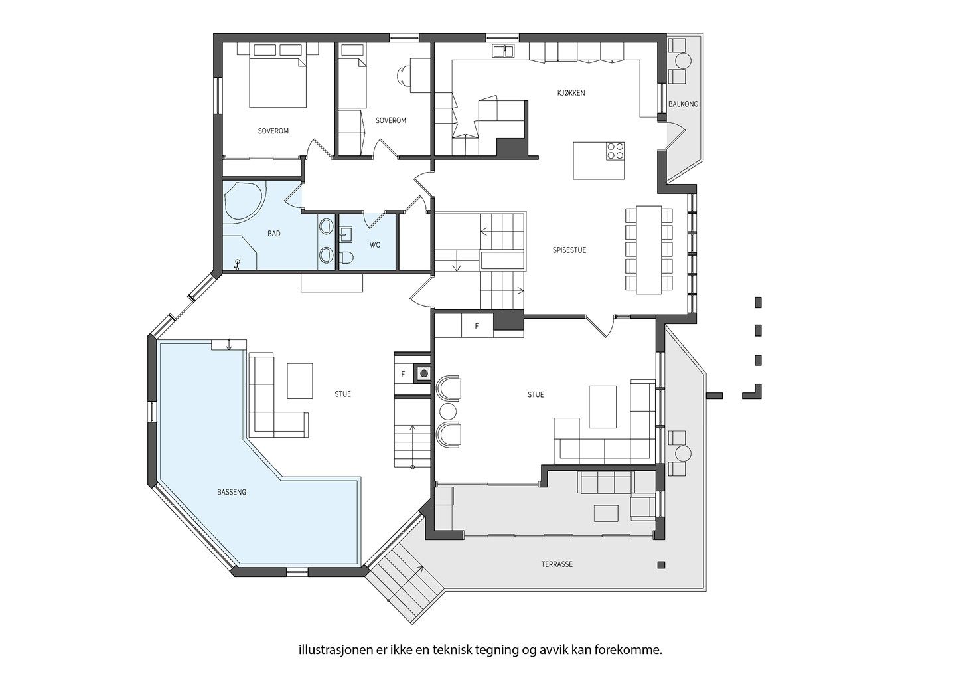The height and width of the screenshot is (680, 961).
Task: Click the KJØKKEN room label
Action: tap(571, 93)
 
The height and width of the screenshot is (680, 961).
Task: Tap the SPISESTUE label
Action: tap(569, 250)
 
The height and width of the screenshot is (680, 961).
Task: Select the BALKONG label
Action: tap(684, 104)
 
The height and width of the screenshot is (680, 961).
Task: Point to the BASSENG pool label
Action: tap(232, 492)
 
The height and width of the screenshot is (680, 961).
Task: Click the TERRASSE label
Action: tap(557, 564)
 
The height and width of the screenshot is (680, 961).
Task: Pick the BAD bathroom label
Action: tap(273, 234)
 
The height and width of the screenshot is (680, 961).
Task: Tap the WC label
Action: tap(375, 245)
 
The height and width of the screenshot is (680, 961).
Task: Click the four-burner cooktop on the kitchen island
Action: tap(615, 151)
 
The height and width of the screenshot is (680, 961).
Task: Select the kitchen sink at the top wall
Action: tap(504, 50)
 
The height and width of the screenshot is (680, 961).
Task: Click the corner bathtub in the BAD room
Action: tap(244, 201)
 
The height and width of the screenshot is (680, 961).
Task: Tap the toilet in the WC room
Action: tap(346, 258)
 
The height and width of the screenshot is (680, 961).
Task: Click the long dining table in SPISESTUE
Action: tap(648, 250)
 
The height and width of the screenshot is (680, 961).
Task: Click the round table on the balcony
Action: tap(683, 60)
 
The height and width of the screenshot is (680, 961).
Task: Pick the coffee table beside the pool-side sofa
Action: tap(300, 381)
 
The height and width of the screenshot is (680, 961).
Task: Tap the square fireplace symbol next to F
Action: tap(423, 373)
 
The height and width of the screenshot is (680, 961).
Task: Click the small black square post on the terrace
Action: tap(661, 565)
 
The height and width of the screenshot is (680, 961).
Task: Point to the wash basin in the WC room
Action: tap(346, 235)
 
